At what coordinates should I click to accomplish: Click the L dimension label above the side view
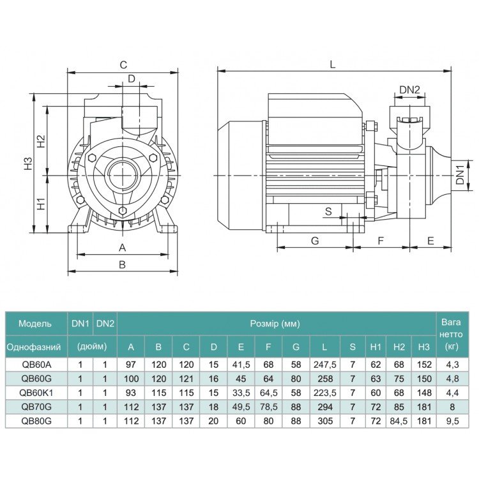333,65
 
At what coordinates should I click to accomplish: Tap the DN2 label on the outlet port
409,90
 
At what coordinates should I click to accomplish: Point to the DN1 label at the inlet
460,175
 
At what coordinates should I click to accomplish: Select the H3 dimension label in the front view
28,163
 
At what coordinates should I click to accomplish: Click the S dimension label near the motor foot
328,211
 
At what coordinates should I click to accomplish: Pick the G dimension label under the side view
315,241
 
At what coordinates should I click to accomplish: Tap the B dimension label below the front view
122,264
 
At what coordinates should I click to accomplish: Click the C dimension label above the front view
123,65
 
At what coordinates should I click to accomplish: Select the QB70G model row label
36,407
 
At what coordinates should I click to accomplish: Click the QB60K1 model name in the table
36,393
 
